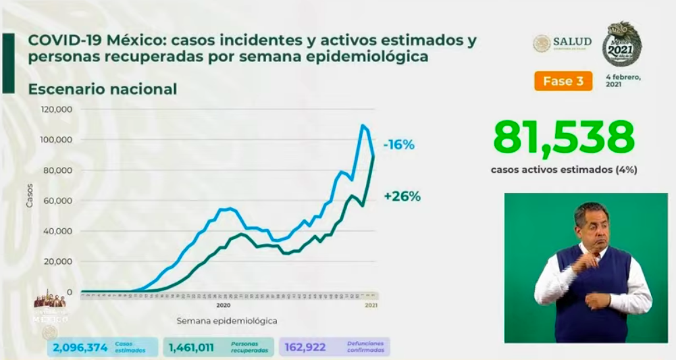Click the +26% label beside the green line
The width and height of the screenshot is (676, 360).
402,197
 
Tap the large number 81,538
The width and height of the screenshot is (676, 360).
563,138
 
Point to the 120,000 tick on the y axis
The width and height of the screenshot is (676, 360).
57,109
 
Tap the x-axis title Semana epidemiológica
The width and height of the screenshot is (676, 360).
227,320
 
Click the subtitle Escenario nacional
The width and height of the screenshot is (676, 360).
102,89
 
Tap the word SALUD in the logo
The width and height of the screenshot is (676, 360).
572,43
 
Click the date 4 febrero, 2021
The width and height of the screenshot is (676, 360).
623,81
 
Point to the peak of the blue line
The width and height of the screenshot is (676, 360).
363,126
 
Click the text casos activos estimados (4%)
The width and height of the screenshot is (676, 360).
563,170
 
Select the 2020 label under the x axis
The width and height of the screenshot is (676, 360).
224,305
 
